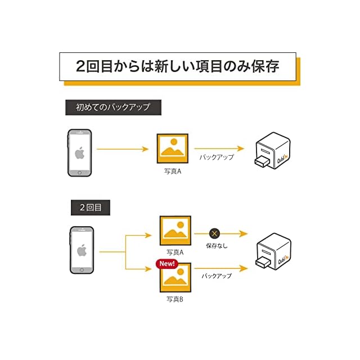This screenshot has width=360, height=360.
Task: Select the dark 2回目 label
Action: click(x=90, y=207)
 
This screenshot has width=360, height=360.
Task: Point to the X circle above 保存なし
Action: click(x=214, y=233)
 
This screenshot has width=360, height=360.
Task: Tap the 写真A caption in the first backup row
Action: click(x=172, y=171)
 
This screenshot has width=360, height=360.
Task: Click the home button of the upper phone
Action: click(x=79, y=172)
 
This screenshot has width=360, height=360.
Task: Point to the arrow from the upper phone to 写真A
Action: click(x=122, y=149)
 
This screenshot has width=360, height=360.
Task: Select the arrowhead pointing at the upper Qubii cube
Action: click(x=241, y=149)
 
